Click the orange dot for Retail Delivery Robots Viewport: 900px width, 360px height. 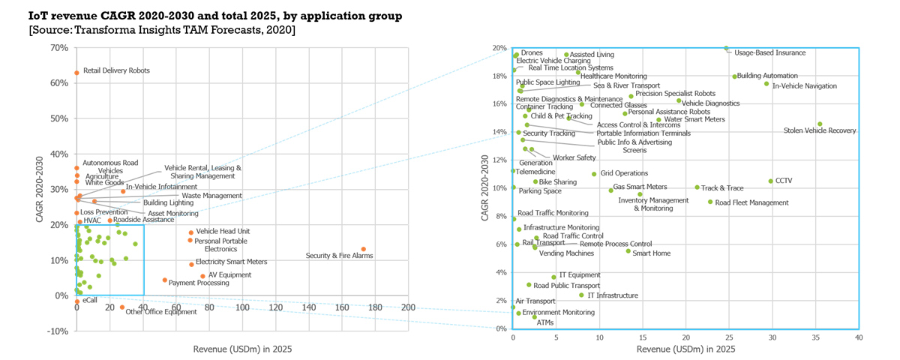76,73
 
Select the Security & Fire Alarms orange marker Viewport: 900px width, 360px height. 364,249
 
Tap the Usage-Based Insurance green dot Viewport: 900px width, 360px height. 726,48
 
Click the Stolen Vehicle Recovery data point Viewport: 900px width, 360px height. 820,124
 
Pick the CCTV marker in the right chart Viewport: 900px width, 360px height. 770,181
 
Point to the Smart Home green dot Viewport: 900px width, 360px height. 628,250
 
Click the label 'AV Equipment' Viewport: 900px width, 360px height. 230,275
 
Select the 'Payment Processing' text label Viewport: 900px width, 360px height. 199,283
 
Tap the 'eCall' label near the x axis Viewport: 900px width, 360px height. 89,300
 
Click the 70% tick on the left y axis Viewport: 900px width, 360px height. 59,48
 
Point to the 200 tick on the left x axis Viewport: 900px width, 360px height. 408,307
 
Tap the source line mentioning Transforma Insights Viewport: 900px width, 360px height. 161,30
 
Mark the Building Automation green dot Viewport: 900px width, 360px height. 734,76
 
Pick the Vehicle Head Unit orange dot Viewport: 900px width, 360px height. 190,232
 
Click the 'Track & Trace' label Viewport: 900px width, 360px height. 722,187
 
